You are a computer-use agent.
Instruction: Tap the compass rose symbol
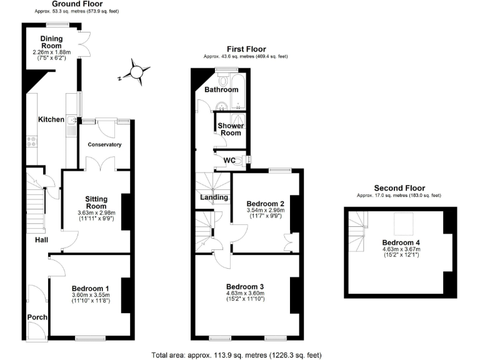(x=137, y=73)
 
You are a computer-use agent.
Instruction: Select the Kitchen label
(x=51, y=119)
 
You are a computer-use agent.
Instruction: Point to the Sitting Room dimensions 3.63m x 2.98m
(x=96, y=212)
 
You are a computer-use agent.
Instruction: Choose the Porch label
(x=37, y=317)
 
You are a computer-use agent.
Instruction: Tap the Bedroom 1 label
(x=91, y=288)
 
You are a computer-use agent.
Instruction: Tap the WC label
(x=229, y=161)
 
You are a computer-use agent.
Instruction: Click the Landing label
(x=213, y=197)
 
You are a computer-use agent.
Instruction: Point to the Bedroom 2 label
(x=266, y=204)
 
